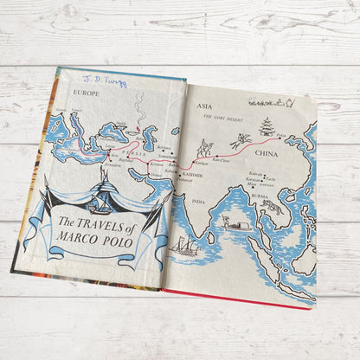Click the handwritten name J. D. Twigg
coord(106,82)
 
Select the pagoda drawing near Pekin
coord(267,125)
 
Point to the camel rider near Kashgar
coord(207,146)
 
